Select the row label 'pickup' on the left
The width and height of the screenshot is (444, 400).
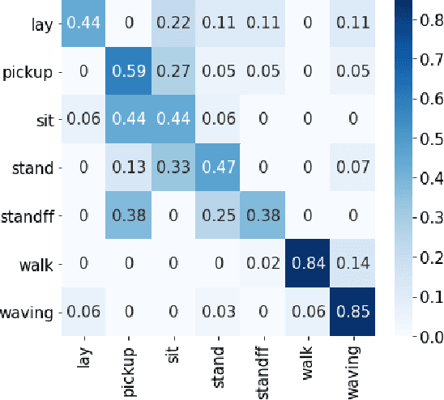(28, 70)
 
